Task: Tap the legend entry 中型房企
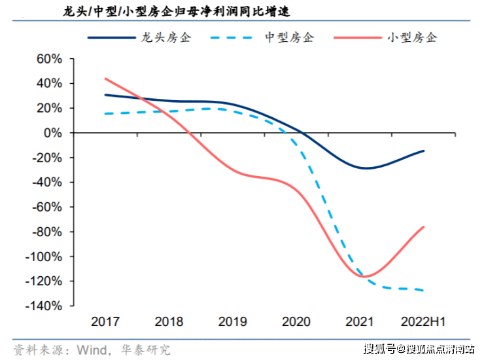coord(288,37)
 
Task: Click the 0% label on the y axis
coord(53,133)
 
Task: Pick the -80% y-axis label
coord(47,232)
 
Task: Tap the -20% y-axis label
coord(47,158)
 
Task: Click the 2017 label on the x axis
coord(105,322)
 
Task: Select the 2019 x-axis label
coord(232,322)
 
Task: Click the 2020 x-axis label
coord(296,322)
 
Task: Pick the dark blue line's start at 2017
coord(105,95)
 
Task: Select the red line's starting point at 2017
coord(105,79)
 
